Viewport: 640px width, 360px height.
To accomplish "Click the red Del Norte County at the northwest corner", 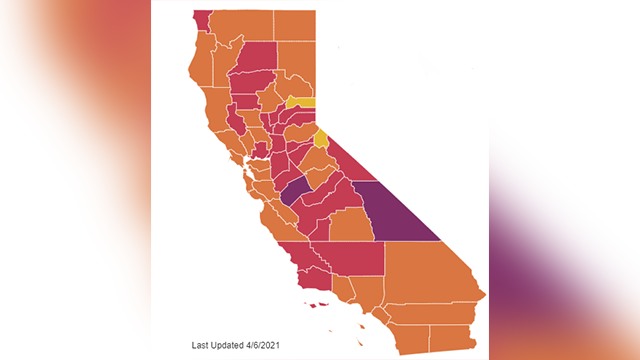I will [x=200, y=20].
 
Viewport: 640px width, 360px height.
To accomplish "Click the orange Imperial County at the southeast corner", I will [x=450, y=338].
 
